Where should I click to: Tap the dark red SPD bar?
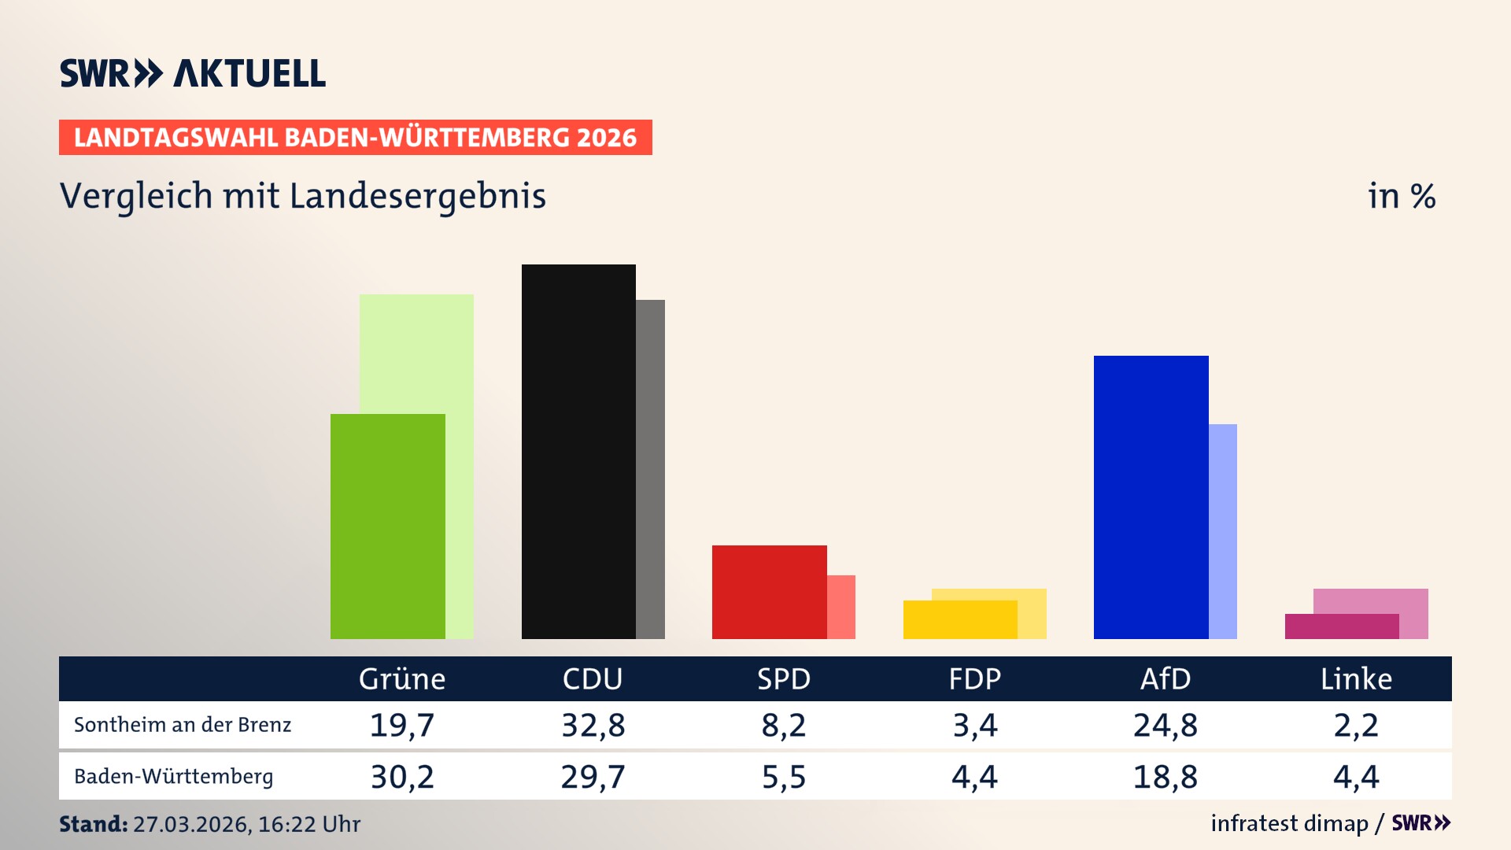[769, 592]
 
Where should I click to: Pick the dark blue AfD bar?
[1151, 497]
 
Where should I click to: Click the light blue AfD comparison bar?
[1223, 531]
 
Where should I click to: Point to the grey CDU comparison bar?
[651, 469]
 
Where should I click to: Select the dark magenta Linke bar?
[1341, 626]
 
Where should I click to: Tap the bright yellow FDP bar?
[959, 619]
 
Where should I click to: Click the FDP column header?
[974, 678]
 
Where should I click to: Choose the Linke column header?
[1356, 678]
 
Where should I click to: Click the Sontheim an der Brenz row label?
[183, 725]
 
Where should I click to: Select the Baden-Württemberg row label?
[174, 777]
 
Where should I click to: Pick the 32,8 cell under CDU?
[593, 725]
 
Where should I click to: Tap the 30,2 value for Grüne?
[402, 777]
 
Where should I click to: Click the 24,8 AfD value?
[1165, 725]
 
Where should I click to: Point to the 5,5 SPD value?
[784, 777]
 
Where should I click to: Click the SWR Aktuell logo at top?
[193, 73]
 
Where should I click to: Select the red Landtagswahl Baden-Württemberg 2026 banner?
[355, 137]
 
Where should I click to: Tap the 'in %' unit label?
[1402, 196]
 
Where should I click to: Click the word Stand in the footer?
[93, 824]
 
